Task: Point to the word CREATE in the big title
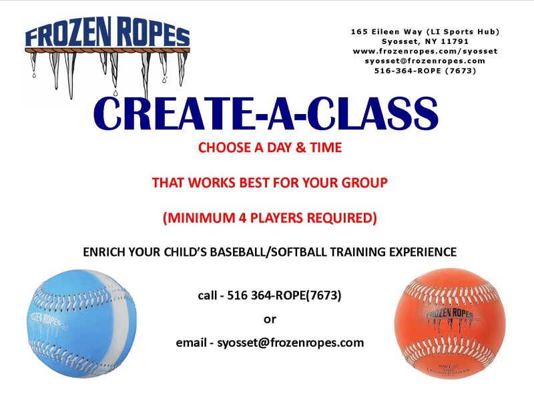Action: tap(175, 115)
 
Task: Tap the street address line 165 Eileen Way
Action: tap(425, 32)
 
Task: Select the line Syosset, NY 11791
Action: tap(425, 41)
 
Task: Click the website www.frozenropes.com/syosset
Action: tap(425, 51)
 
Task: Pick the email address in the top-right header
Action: tap(425, 60)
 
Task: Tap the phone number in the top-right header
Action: tap(425, 70)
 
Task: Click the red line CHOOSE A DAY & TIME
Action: tap(270, 148)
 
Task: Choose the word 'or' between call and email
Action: tap(270, 319)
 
